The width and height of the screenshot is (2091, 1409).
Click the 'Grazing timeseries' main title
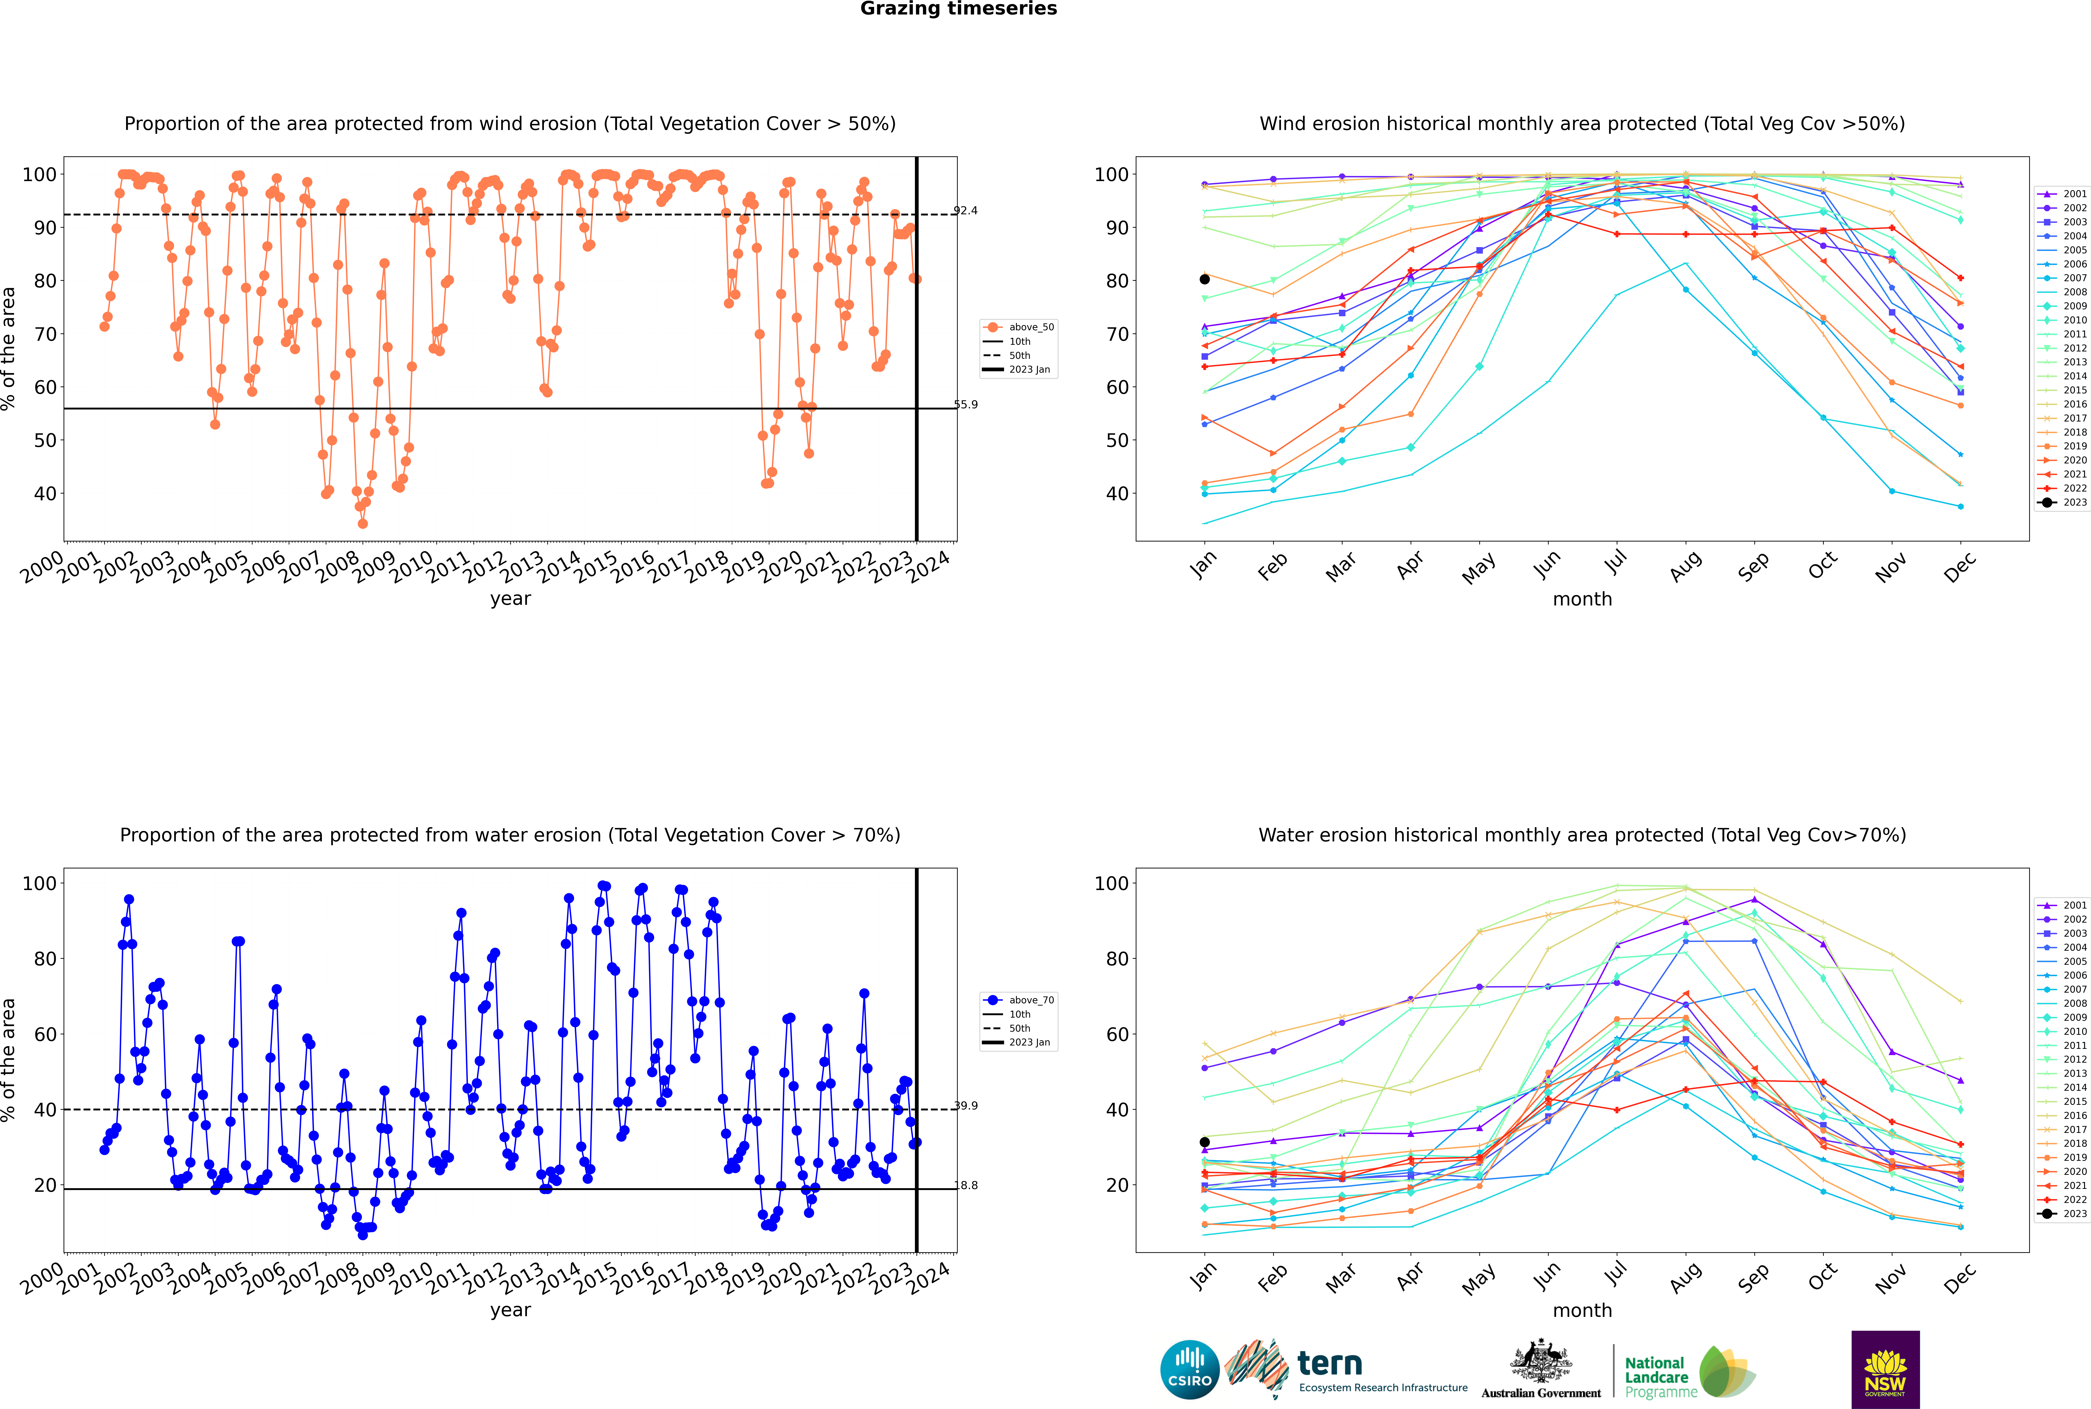coord(958,9)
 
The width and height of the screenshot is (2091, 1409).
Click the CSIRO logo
coord(1189,1370)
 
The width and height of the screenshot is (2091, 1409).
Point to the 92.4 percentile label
coord(966,211)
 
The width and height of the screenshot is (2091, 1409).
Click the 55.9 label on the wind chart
coord(966,404)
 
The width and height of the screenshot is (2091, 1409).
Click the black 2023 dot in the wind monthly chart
coord(1205,279)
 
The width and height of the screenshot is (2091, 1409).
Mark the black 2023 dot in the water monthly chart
coord(1205,1142)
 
